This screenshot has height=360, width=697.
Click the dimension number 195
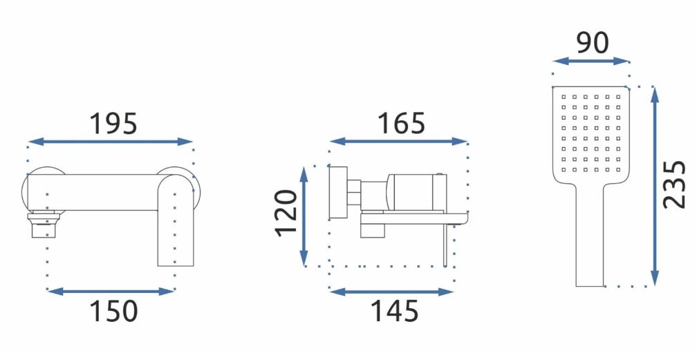coord(113,124)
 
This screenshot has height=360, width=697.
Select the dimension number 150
coord(113,311)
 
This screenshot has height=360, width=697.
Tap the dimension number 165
coord(401,123)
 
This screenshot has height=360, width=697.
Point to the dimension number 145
coord(394,311)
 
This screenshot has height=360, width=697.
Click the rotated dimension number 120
coord(286,213)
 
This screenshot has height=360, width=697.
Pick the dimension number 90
coord(592,43)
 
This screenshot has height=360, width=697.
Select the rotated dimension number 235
coord(674,184)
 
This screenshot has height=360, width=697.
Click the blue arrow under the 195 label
coord(110,142)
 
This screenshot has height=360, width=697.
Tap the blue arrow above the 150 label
coord(110,292)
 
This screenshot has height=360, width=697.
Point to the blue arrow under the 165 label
coord(398,142)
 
